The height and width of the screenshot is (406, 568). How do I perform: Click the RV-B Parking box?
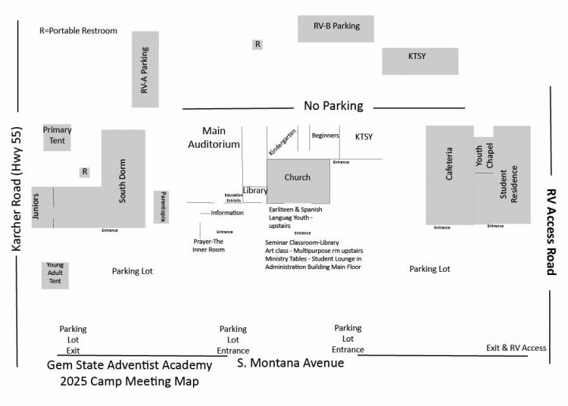[x=336, y=27]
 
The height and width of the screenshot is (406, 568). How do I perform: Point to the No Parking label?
[x=333, y=106]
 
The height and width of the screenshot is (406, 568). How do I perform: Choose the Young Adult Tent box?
[x=55, y=274]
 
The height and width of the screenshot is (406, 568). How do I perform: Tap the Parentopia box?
[x=161, y=207]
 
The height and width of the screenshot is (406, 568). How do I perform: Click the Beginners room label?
[x=325, y=136]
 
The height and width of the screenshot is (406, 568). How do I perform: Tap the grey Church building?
[x=298, y=179]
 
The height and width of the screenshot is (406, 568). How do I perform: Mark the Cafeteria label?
[x=449, y=164]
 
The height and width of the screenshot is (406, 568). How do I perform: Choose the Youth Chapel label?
[x=484, y=155]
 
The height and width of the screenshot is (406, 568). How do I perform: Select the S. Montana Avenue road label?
[x=291, y=364]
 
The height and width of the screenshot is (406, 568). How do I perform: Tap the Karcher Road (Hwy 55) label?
[x=19, y=189]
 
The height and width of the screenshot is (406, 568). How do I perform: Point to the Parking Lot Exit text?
[x=73, y=339]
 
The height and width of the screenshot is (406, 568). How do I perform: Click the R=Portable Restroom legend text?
[x=79, y=31]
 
